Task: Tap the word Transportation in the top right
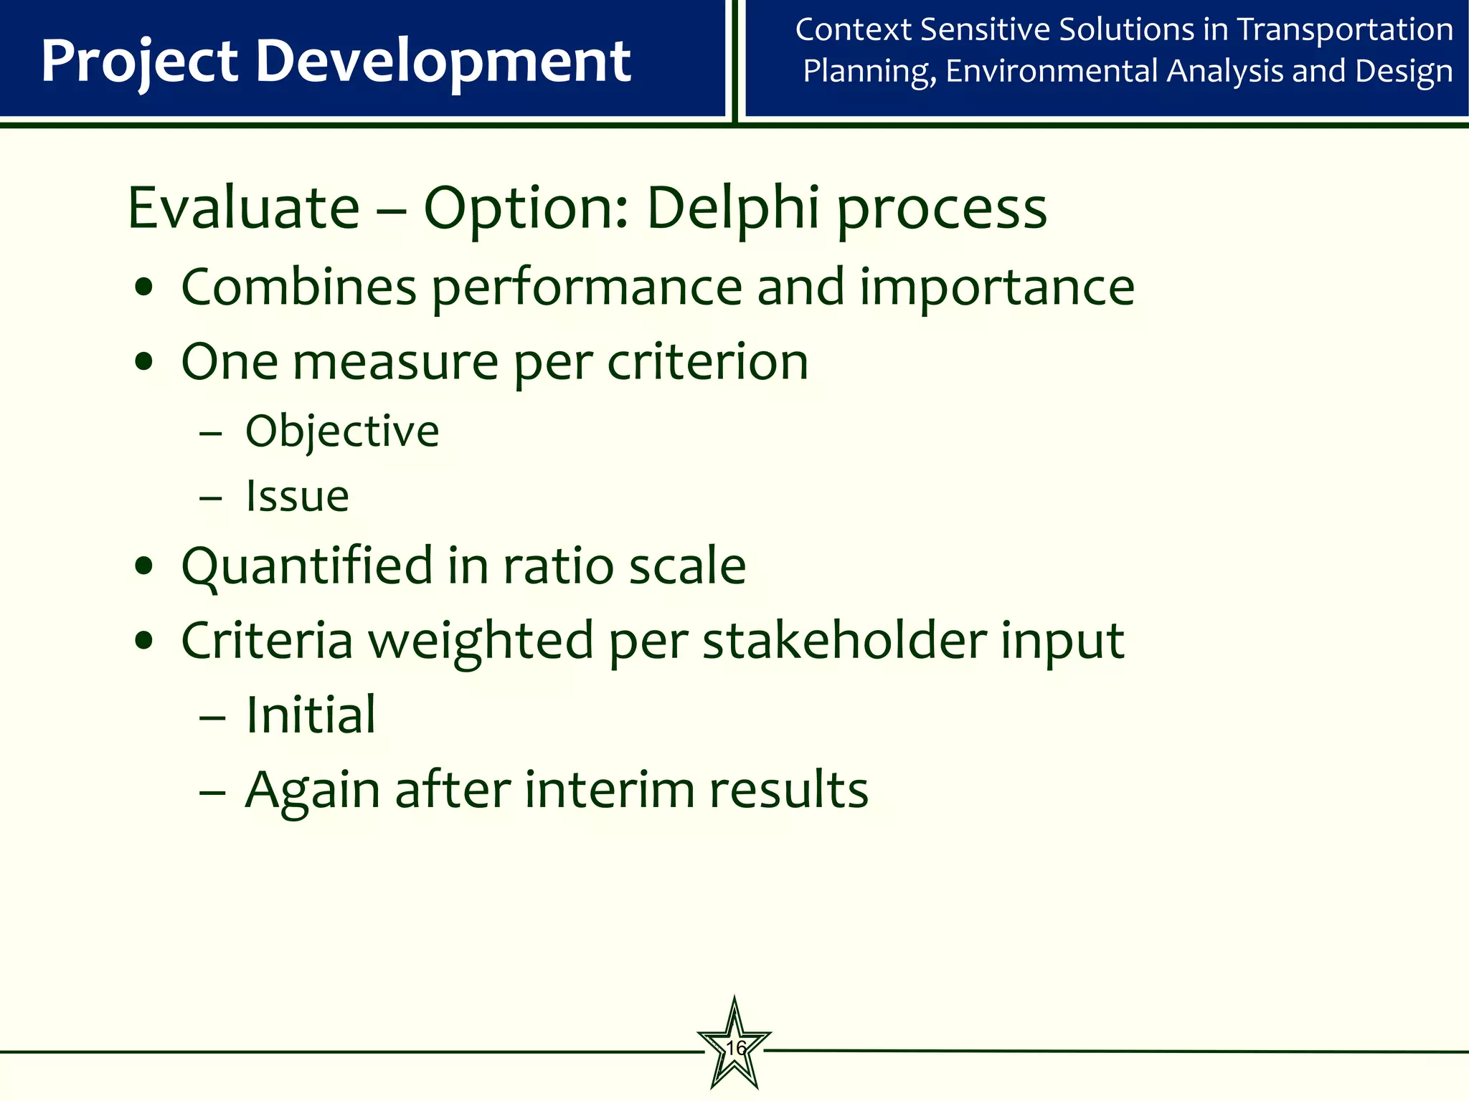(1345, 30)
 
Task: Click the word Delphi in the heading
(732, 208)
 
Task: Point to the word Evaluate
(243, 208)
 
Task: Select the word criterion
(708, 362)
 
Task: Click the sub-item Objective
(342, 432)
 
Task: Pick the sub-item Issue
(297, 496)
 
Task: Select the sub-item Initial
(311, 715)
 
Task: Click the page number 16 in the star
(735, 1048)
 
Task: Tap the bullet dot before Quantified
(144, 567)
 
